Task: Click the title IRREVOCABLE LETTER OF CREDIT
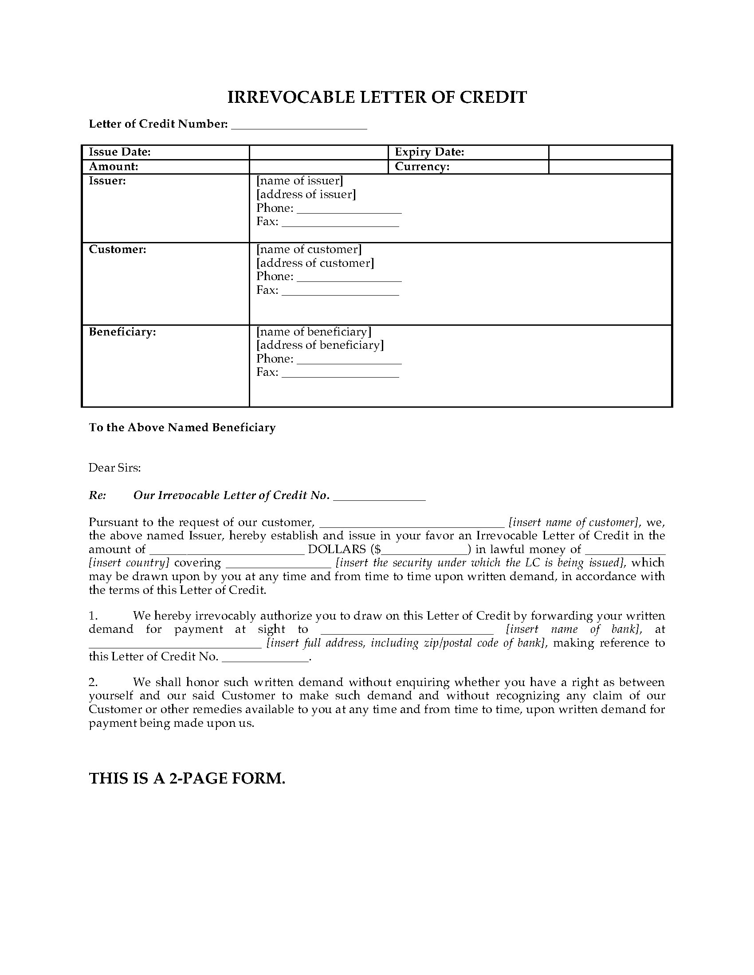(377, 97)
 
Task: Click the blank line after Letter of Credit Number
(299, 125)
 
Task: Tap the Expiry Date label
(429, 152)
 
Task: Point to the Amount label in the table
(114, 167)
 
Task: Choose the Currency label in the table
(422, 167)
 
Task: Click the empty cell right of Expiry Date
(610, 152)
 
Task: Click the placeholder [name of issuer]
(300, 181)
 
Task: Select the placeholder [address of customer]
(315, 263)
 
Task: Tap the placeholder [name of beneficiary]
(314, 331)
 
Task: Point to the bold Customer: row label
(118, 250)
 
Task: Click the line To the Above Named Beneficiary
(182, 428)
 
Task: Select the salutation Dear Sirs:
(115, 468)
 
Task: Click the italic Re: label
(98, 495)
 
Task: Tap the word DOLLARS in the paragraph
(337, 550)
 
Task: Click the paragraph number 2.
(93, 682)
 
